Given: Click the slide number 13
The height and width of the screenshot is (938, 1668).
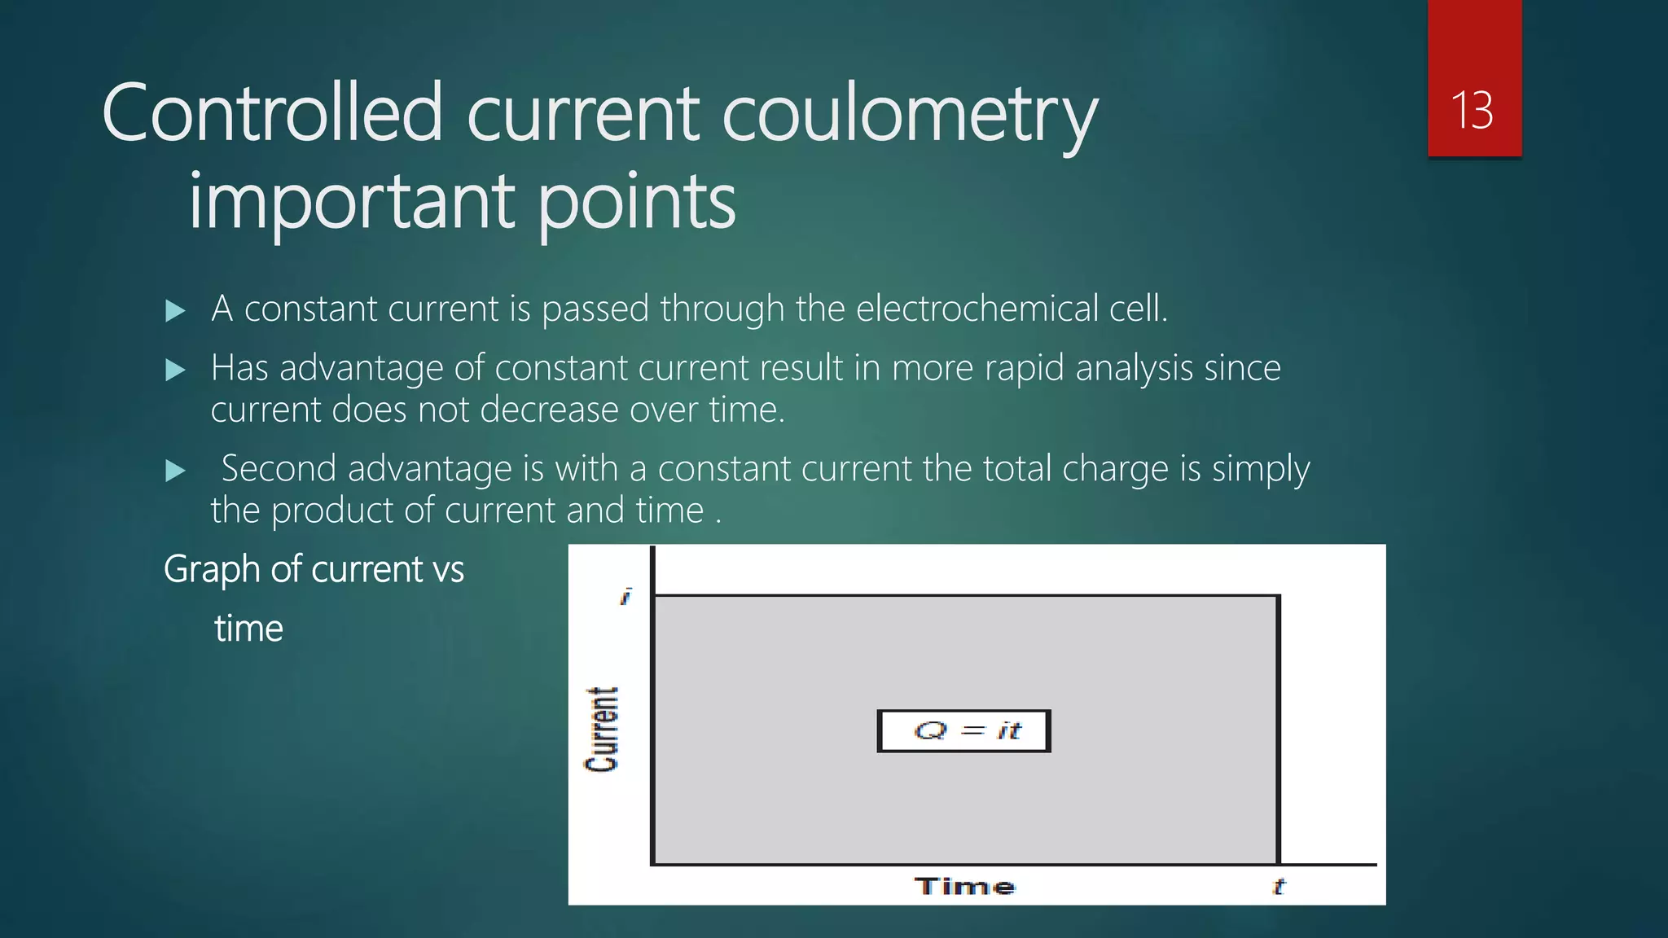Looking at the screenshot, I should tap(1473, 110).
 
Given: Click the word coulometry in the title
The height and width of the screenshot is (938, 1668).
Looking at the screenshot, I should tap(910, 114).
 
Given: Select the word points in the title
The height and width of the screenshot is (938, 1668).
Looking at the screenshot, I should tap(636, 202).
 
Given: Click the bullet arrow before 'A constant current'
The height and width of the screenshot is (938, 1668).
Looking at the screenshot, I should tap(175, 310).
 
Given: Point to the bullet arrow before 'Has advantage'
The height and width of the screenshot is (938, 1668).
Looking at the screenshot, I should tap(175, 370).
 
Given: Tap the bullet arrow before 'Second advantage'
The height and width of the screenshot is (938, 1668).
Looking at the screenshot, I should tap(175, 471).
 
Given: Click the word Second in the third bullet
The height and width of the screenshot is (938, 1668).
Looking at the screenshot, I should tap(279, 469).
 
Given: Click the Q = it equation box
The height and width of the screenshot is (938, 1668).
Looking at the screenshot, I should tap(964, 730).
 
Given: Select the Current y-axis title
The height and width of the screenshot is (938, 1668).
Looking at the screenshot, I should tap(602, 729).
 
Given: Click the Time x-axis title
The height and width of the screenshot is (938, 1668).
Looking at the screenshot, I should tap(964, 886).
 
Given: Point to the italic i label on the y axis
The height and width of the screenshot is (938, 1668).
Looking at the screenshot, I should tap(625, 597).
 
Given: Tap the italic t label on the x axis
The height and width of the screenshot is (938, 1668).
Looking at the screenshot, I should tap(1278, 886).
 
